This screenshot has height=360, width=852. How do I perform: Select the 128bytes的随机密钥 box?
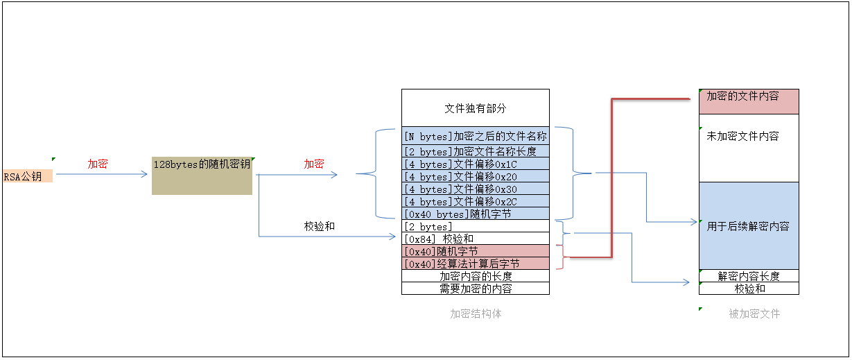(202, 175)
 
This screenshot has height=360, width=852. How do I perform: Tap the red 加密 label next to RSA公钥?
(97, 164)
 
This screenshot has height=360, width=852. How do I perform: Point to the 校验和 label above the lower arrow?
(320, 226)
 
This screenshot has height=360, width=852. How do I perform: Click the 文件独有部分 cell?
(475, 109)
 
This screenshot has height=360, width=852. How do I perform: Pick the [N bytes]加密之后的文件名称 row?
(475, 137)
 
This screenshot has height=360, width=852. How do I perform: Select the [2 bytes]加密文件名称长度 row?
(475, 152)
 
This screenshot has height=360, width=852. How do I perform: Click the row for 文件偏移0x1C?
(475, 164)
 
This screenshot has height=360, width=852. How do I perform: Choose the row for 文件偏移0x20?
(475, 177)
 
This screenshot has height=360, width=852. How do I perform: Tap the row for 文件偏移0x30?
(475, 189)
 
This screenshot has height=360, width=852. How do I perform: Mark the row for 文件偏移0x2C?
(475, 202)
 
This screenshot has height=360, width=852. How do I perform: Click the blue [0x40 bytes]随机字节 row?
(475, 214)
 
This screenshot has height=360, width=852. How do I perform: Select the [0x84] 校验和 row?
(475, 239)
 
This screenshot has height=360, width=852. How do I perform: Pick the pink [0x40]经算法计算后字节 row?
(475, 264)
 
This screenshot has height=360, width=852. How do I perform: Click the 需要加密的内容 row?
(475, 289)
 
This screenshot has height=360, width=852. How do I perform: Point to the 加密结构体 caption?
(476, 314)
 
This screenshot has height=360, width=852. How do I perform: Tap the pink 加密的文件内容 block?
(749, 101)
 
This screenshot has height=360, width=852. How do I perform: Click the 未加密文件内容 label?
(742, 136)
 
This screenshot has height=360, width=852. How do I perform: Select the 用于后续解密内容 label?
(748, 226)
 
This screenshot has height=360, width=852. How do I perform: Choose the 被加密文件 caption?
(754, 314)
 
